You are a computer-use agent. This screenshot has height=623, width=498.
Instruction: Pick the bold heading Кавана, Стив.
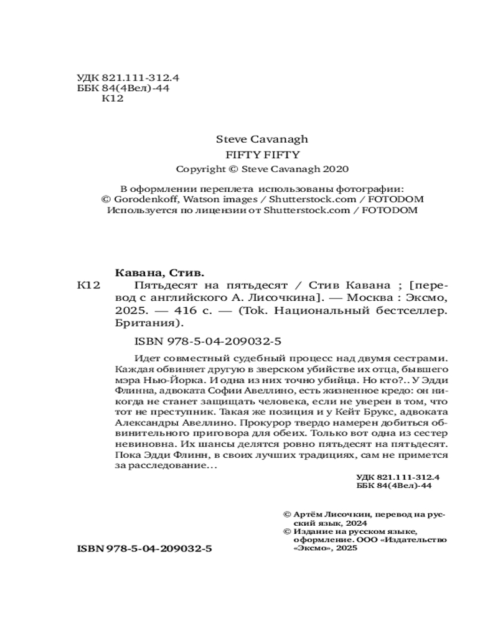[161, 273]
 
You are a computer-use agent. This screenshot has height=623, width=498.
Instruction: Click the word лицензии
[220, 210]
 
